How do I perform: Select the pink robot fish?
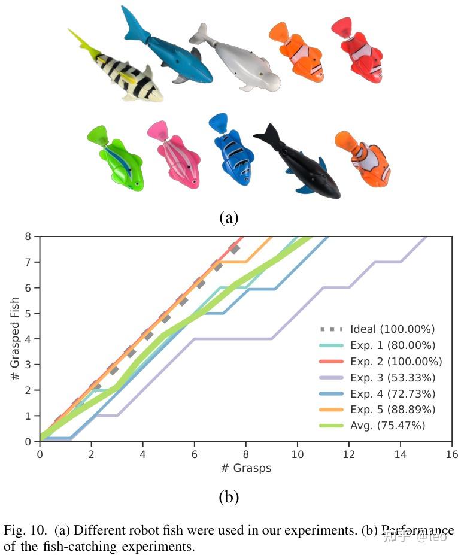point(177,158)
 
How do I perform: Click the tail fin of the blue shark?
point(135,24)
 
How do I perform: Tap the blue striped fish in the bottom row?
point(233,152)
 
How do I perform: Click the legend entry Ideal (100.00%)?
point(392,329)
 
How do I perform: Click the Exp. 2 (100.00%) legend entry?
point(395,361)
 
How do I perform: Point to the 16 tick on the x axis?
point(451,454)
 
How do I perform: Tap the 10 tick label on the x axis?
point(298,454)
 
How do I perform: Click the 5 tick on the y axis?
point(28,313)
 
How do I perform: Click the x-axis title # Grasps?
point(245,468)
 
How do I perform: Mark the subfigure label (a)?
point(229,217)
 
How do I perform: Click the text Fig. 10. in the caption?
point(26,530)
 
